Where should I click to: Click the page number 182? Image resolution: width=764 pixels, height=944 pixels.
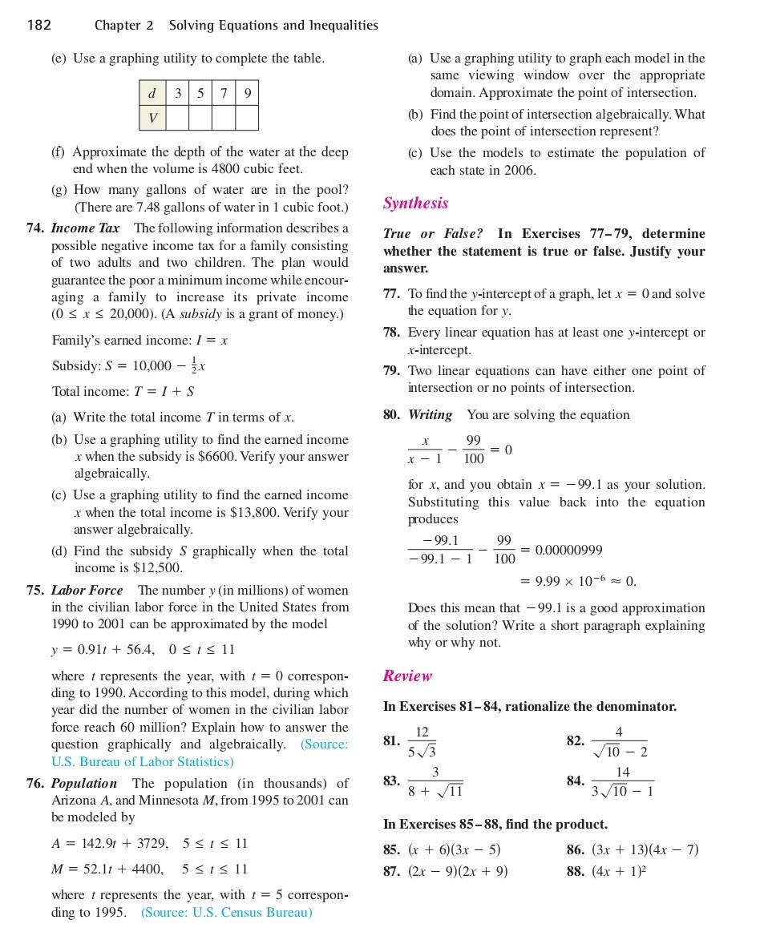pos(38,25)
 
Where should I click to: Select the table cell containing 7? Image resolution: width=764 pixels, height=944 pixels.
pos(224,94)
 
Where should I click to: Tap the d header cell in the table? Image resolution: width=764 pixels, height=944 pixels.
pos(152,94)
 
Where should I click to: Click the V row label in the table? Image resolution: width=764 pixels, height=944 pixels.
pos(152,119)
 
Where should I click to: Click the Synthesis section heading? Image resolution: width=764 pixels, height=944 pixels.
pos(415,204)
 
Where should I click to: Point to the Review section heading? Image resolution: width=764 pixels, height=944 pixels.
pos(407,676)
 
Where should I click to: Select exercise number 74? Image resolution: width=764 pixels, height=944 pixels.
pos(35,228)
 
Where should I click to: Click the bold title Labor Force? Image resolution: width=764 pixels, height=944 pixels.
pos(87,591)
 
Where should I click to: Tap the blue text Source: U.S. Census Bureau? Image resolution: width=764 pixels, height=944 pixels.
pos(227,913)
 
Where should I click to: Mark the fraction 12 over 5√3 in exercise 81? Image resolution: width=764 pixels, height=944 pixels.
pos(422,741)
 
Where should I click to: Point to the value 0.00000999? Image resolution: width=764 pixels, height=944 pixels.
pos(568,551)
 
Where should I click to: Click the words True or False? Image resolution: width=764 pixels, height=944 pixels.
pos(433,234)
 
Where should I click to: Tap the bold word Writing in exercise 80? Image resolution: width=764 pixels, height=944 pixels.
pos(430,415)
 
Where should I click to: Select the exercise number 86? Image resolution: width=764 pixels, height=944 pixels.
pos(575,850)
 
